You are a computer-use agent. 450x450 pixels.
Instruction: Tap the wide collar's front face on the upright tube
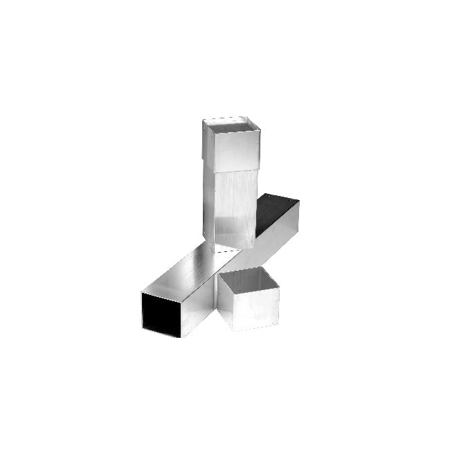[235, 150]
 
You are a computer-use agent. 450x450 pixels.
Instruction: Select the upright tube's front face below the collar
[235, 208]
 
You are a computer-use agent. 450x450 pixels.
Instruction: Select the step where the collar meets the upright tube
[235, 170]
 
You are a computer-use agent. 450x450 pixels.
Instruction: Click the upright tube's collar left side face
[208, 144]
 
